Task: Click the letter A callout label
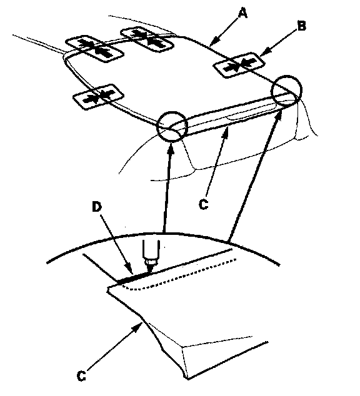(242, 13)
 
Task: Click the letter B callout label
(302, 26)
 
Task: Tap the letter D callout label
(96, 207)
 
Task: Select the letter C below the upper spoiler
(204, 205)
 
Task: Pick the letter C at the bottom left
(81, 376)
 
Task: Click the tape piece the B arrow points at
(239, 65)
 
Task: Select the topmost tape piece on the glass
(147, 39)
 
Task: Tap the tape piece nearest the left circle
(98, 97)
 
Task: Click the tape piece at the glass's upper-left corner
(94, 49)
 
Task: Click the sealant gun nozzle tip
(151, 271)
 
